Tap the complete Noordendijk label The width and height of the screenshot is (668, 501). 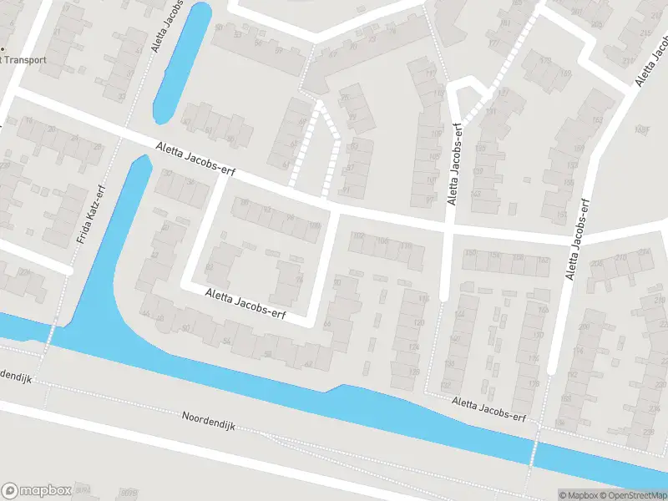(x=210, y=420)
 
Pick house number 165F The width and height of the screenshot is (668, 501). (x=641, y=129)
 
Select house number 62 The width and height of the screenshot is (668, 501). (x=308, y=363)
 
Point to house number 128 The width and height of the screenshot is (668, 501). (x=415, y=372)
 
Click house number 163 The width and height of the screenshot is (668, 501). (x=596, y=119)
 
